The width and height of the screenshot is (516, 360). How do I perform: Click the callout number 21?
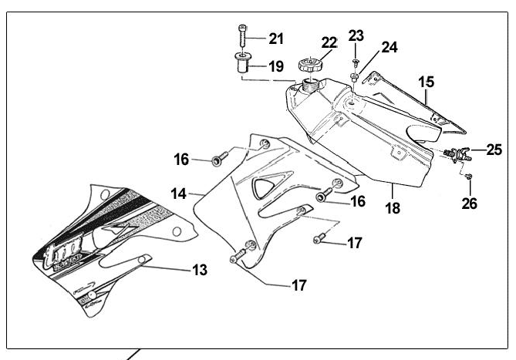[x=275, y=39]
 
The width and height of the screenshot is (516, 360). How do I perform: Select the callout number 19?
[x=275, y=66]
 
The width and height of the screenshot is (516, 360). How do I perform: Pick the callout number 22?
[x=330, y=42]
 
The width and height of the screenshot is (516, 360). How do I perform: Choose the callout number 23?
[x=356, y=35]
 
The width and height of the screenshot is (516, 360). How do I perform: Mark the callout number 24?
[x=390, y=47]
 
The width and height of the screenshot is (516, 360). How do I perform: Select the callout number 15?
[x=427, y=81]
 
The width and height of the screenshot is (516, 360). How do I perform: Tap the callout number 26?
[x=469, y=204]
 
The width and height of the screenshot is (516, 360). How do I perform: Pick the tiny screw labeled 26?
[x=470, y=177]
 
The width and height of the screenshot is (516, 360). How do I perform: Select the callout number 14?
[x=179, y=193]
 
